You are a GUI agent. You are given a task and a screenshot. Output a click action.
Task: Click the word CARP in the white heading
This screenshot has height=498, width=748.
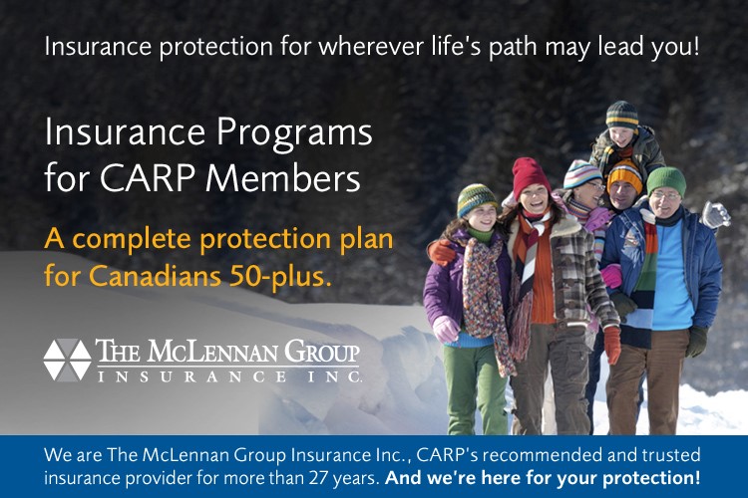pos(147,177)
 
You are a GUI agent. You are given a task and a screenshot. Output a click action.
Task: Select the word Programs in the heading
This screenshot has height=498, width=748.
pos(294,134)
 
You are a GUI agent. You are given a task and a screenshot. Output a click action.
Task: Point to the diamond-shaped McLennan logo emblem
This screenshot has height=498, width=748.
pos(67,360)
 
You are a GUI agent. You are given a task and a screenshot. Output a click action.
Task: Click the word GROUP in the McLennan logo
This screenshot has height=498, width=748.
pos(321,352)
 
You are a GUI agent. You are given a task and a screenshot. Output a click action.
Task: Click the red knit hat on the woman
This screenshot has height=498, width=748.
pos(530,177)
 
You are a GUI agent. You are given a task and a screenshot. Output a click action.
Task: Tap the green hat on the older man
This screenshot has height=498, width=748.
pos(666,181)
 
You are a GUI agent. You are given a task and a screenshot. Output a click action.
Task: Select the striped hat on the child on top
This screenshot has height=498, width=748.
pos(622,115)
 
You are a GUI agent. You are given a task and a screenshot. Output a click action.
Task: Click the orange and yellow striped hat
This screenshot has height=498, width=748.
pos(625,177)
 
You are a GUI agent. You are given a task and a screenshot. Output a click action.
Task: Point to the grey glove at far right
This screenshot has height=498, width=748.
pos(715,214)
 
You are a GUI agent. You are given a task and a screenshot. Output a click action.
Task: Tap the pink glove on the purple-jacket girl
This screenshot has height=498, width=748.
pos(446,329)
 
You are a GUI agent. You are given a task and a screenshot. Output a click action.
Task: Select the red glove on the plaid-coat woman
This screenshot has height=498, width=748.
pos(612,345)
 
